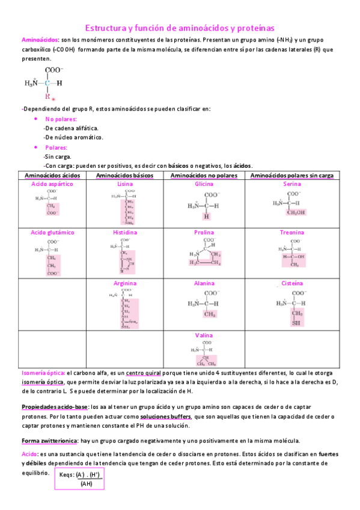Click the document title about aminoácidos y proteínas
(180, 28)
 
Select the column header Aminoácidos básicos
(125, 175)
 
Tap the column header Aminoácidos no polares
(204, 175)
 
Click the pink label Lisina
(125, 183)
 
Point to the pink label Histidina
(125, 232)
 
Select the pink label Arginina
(125, 283)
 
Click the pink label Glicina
(204, 183)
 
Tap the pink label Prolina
(204, 232)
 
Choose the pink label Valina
(204, 335)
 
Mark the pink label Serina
(292, 183)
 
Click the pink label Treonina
(292, 232)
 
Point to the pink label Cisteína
(292, 283)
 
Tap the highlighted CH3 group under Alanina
(209, 314)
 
